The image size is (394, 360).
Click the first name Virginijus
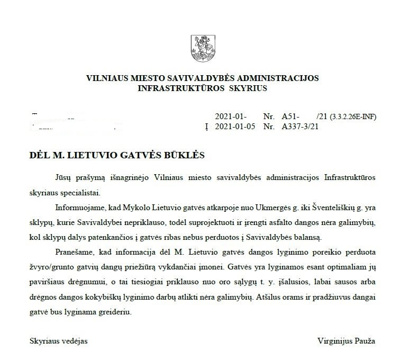[334, 341]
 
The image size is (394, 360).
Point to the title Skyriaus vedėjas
[59, 341]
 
